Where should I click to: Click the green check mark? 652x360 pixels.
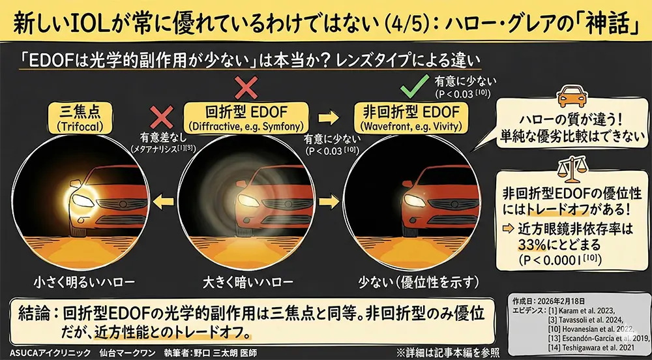[x=414, y=86]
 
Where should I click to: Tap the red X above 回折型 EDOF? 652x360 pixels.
[x=246, y=87]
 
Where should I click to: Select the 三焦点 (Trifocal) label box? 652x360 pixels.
[x=80, y=118]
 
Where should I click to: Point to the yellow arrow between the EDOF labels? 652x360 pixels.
[x=329, y=118]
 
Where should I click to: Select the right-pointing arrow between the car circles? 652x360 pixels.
[x=329, y=202]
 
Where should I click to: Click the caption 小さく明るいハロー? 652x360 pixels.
[x=84, y=282]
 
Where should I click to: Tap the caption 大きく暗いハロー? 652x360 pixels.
[x=248, y=282]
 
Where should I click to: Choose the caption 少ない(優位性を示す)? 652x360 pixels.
[x=418, y=282]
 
